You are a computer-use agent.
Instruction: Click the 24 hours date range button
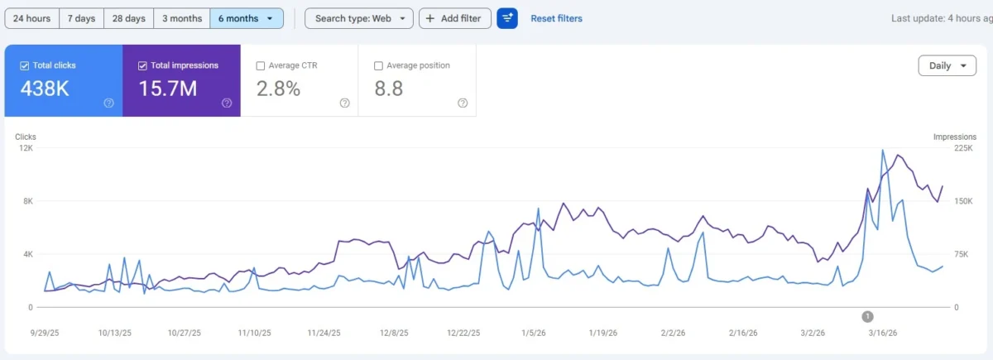32,18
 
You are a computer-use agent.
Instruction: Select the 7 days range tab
81,18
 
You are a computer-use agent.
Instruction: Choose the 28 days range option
129,18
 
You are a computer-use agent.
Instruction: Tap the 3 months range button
181,18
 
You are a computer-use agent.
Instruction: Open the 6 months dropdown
246,18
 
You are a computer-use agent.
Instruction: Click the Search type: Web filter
358,18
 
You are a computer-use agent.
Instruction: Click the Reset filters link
556,18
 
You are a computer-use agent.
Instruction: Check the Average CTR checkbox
261,65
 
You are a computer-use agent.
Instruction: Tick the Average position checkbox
379,65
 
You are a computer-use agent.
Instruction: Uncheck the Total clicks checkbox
25,65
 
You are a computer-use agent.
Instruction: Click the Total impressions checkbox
143,65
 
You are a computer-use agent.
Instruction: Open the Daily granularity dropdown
947,66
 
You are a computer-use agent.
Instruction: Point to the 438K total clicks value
45,89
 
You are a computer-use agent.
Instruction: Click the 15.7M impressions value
167,89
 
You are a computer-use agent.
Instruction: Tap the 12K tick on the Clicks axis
26,148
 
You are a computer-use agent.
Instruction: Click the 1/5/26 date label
534,333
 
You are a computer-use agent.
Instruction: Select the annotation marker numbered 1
867,316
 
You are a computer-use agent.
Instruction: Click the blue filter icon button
507,18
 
